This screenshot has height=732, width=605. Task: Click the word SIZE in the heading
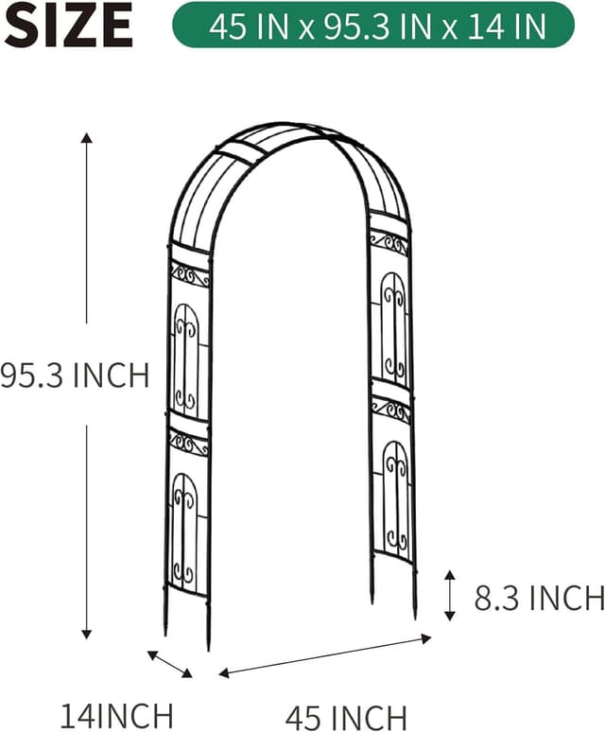[68, 26]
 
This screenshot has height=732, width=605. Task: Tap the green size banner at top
[373, 26]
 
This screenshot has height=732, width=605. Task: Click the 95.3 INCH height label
[75, 375]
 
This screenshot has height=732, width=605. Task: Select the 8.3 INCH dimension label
[539, 598]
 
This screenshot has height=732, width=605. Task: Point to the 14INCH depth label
[117, 714]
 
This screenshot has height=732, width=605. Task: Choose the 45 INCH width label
[346, 716]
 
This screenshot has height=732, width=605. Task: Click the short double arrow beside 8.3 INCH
[450, 595]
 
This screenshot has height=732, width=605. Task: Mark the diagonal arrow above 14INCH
[169, 664]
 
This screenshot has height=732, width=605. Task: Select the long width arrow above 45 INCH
[325, 656]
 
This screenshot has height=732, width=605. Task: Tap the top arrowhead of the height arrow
[87, 138]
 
